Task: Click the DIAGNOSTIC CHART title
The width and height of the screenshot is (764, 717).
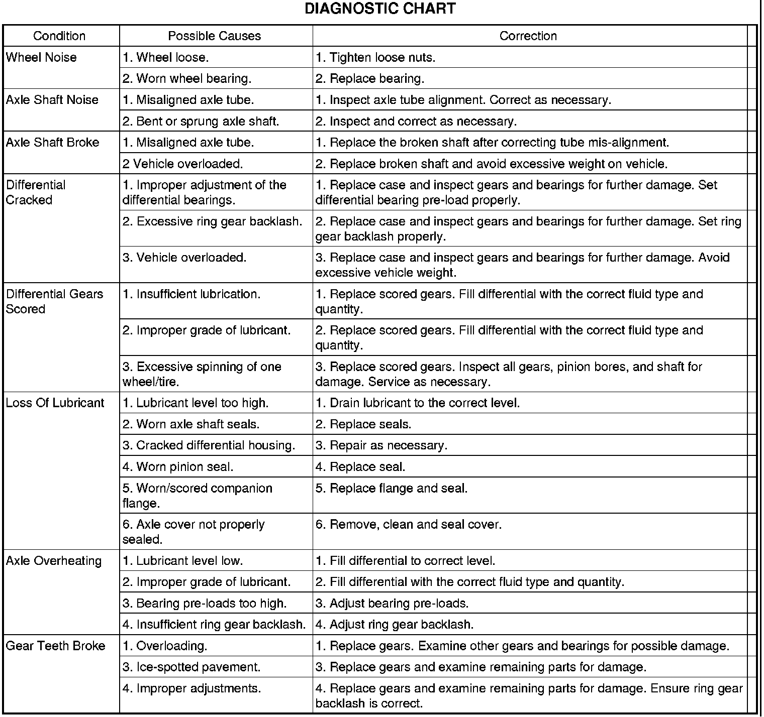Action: tap(380, 9)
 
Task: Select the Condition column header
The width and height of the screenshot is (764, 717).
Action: tap(59, 36)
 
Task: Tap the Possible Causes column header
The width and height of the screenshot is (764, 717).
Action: tap(215, 36)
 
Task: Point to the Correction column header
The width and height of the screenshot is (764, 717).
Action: tap(528, 36)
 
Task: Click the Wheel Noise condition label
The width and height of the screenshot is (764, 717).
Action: tap(41, 57)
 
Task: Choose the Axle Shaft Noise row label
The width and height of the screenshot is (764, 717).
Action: tap(52, 100)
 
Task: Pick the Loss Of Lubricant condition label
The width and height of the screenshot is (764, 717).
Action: tap(55, 403)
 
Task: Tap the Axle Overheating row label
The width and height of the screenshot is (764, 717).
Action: tap(54, 561)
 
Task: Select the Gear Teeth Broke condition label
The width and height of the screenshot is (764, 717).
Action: tap(55, 646)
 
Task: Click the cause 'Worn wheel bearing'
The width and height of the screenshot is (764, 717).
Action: tap(187, 79)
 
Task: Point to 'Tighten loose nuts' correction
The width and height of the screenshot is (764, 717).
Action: tap(375, 58)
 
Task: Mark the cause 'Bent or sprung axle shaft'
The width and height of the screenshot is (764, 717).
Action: tap(201, 122)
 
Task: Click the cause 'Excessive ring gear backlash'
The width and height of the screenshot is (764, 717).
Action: tap(213, 221)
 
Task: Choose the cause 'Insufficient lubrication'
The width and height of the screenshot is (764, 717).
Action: tap(192, 294)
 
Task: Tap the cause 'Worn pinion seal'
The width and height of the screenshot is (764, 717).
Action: tap(178, 467)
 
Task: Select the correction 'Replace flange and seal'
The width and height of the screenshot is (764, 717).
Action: tap(392, 489)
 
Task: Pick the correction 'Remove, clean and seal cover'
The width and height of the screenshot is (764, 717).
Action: tap(409, 525)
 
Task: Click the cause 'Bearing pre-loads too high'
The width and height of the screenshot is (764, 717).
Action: tap(205, 604)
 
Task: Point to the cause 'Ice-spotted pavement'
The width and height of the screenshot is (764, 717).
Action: tap(192, 667)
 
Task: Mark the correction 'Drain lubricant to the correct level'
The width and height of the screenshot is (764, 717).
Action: tap(418, 403)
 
